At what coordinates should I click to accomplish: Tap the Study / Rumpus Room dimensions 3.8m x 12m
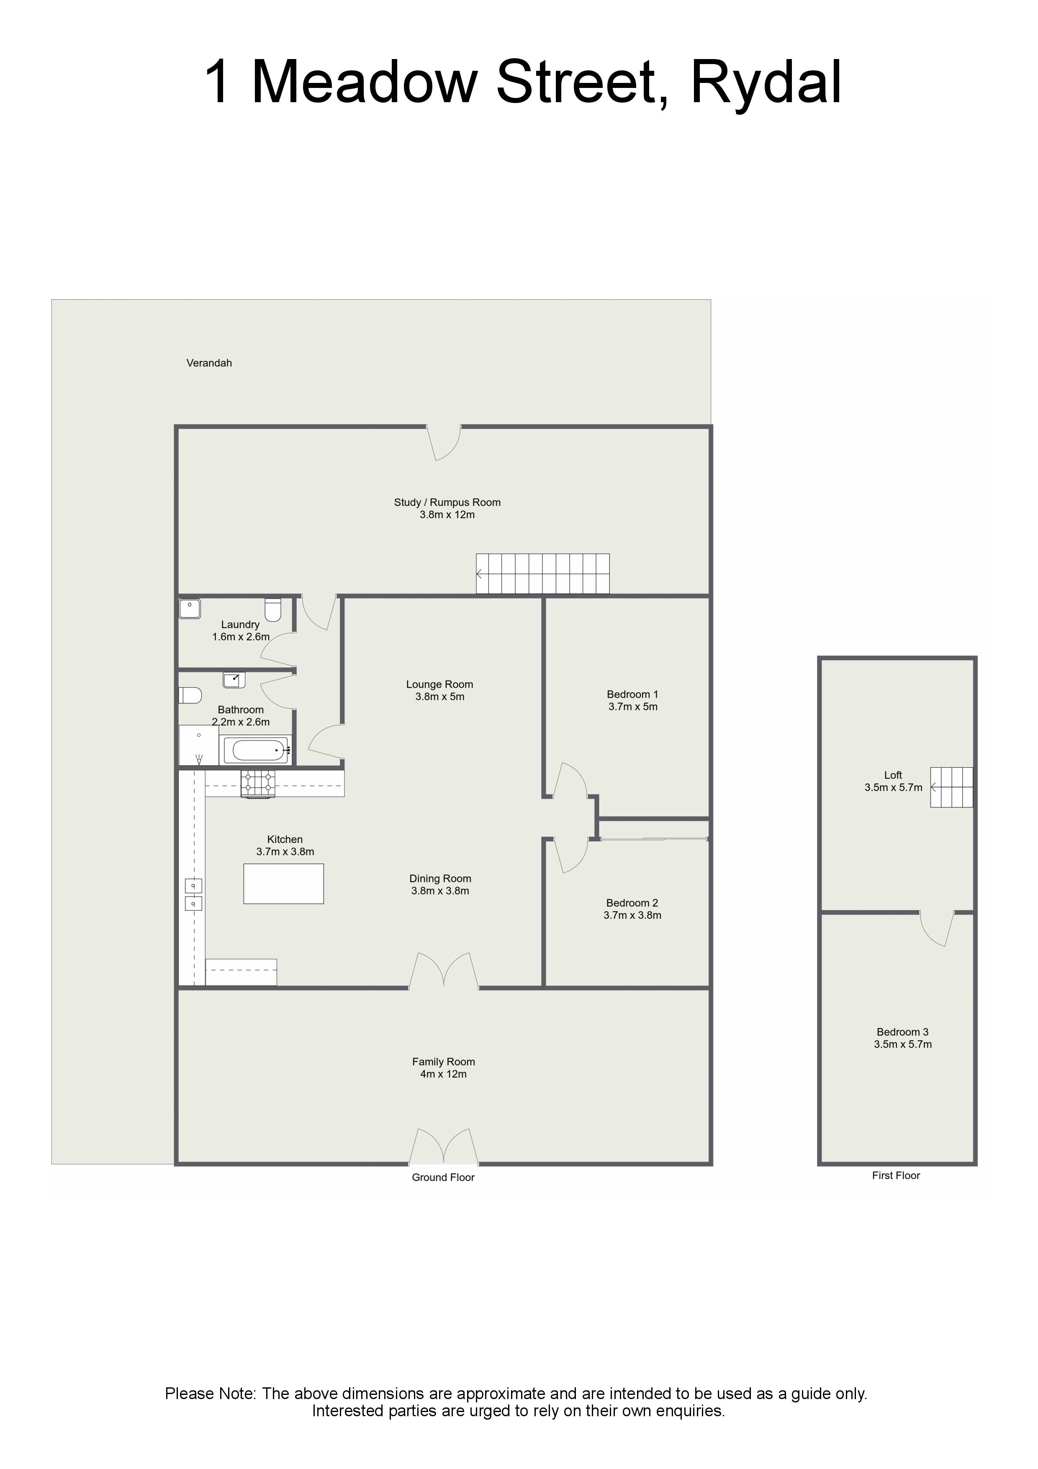point(447,515)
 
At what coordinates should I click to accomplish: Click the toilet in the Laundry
point(273,610)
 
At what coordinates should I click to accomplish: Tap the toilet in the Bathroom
point(190,695)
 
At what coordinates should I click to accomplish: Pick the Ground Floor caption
point(443,1177)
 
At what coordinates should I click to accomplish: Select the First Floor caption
point(896,1175)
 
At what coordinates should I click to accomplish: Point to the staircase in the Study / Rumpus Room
point(543,574)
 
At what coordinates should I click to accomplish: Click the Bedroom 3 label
point(902,1032)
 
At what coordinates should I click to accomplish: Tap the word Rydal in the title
point(766,82)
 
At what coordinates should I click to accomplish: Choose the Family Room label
point(443,1062)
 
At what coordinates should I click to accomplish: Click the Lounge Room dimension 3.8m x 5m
point(440,697)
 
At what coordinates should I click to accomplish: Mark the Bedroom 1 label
point(632,694)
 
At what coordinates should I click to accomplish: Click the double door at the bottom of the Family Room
point(444,1147)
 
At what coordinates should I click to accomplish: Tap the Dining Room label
point(441,879)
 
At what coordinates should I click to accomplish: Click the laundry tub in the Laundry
point(190,608)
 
